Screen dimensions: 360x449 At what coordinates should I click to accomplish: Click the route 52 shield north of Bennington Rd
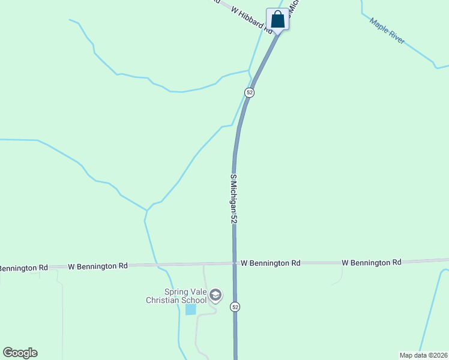[x=249, y=92]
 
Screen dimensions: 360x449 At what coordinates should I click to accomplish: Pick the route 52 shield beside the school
[x=235, y=307]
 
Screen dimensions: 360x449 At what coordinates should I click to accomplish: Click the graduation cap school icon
[x=215, y=295]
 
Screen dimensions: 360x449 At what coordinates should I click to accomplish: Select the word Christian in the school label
[x=163, y=300]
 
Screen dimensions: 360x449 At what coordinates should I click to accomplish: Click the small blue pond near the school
[x=190, y=309]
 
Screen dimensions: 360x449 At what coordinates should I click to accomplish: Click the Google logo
[x=20, y=353]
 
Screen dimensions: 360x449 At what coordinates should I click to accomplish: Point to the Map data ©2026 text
[x=423, y=355]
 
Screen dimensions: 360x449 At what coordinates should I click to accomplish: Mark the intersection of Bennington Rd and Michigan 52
[x=234, y=263]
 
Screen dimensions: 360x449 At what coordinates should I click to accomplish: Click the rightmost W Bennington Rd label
[x=372, y=262]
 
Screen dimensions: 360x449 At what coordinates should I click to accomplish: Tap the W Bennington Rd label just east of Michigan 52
[x=270, y=263]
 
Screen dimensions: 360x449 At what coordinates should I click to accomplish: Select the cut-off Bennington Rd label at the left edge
[x=23, y=267]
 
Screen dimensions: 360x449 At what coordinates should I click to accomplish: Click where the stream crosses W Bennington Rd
[x=157, y=264]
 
